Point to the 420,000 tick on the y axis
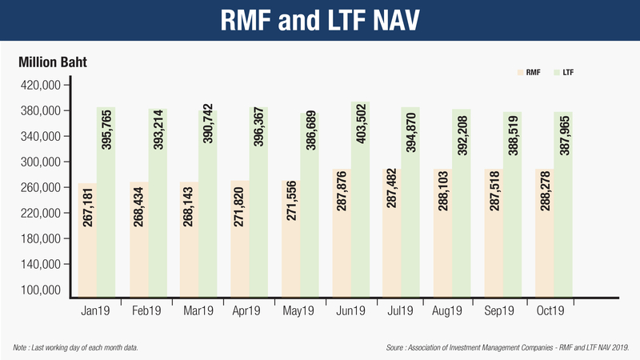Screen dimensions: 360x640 coord(41,85)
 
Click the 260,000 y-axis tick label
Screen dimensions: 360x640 coord(41,187)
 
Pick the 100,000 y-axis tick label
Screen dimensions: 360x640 coord(41,290)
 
